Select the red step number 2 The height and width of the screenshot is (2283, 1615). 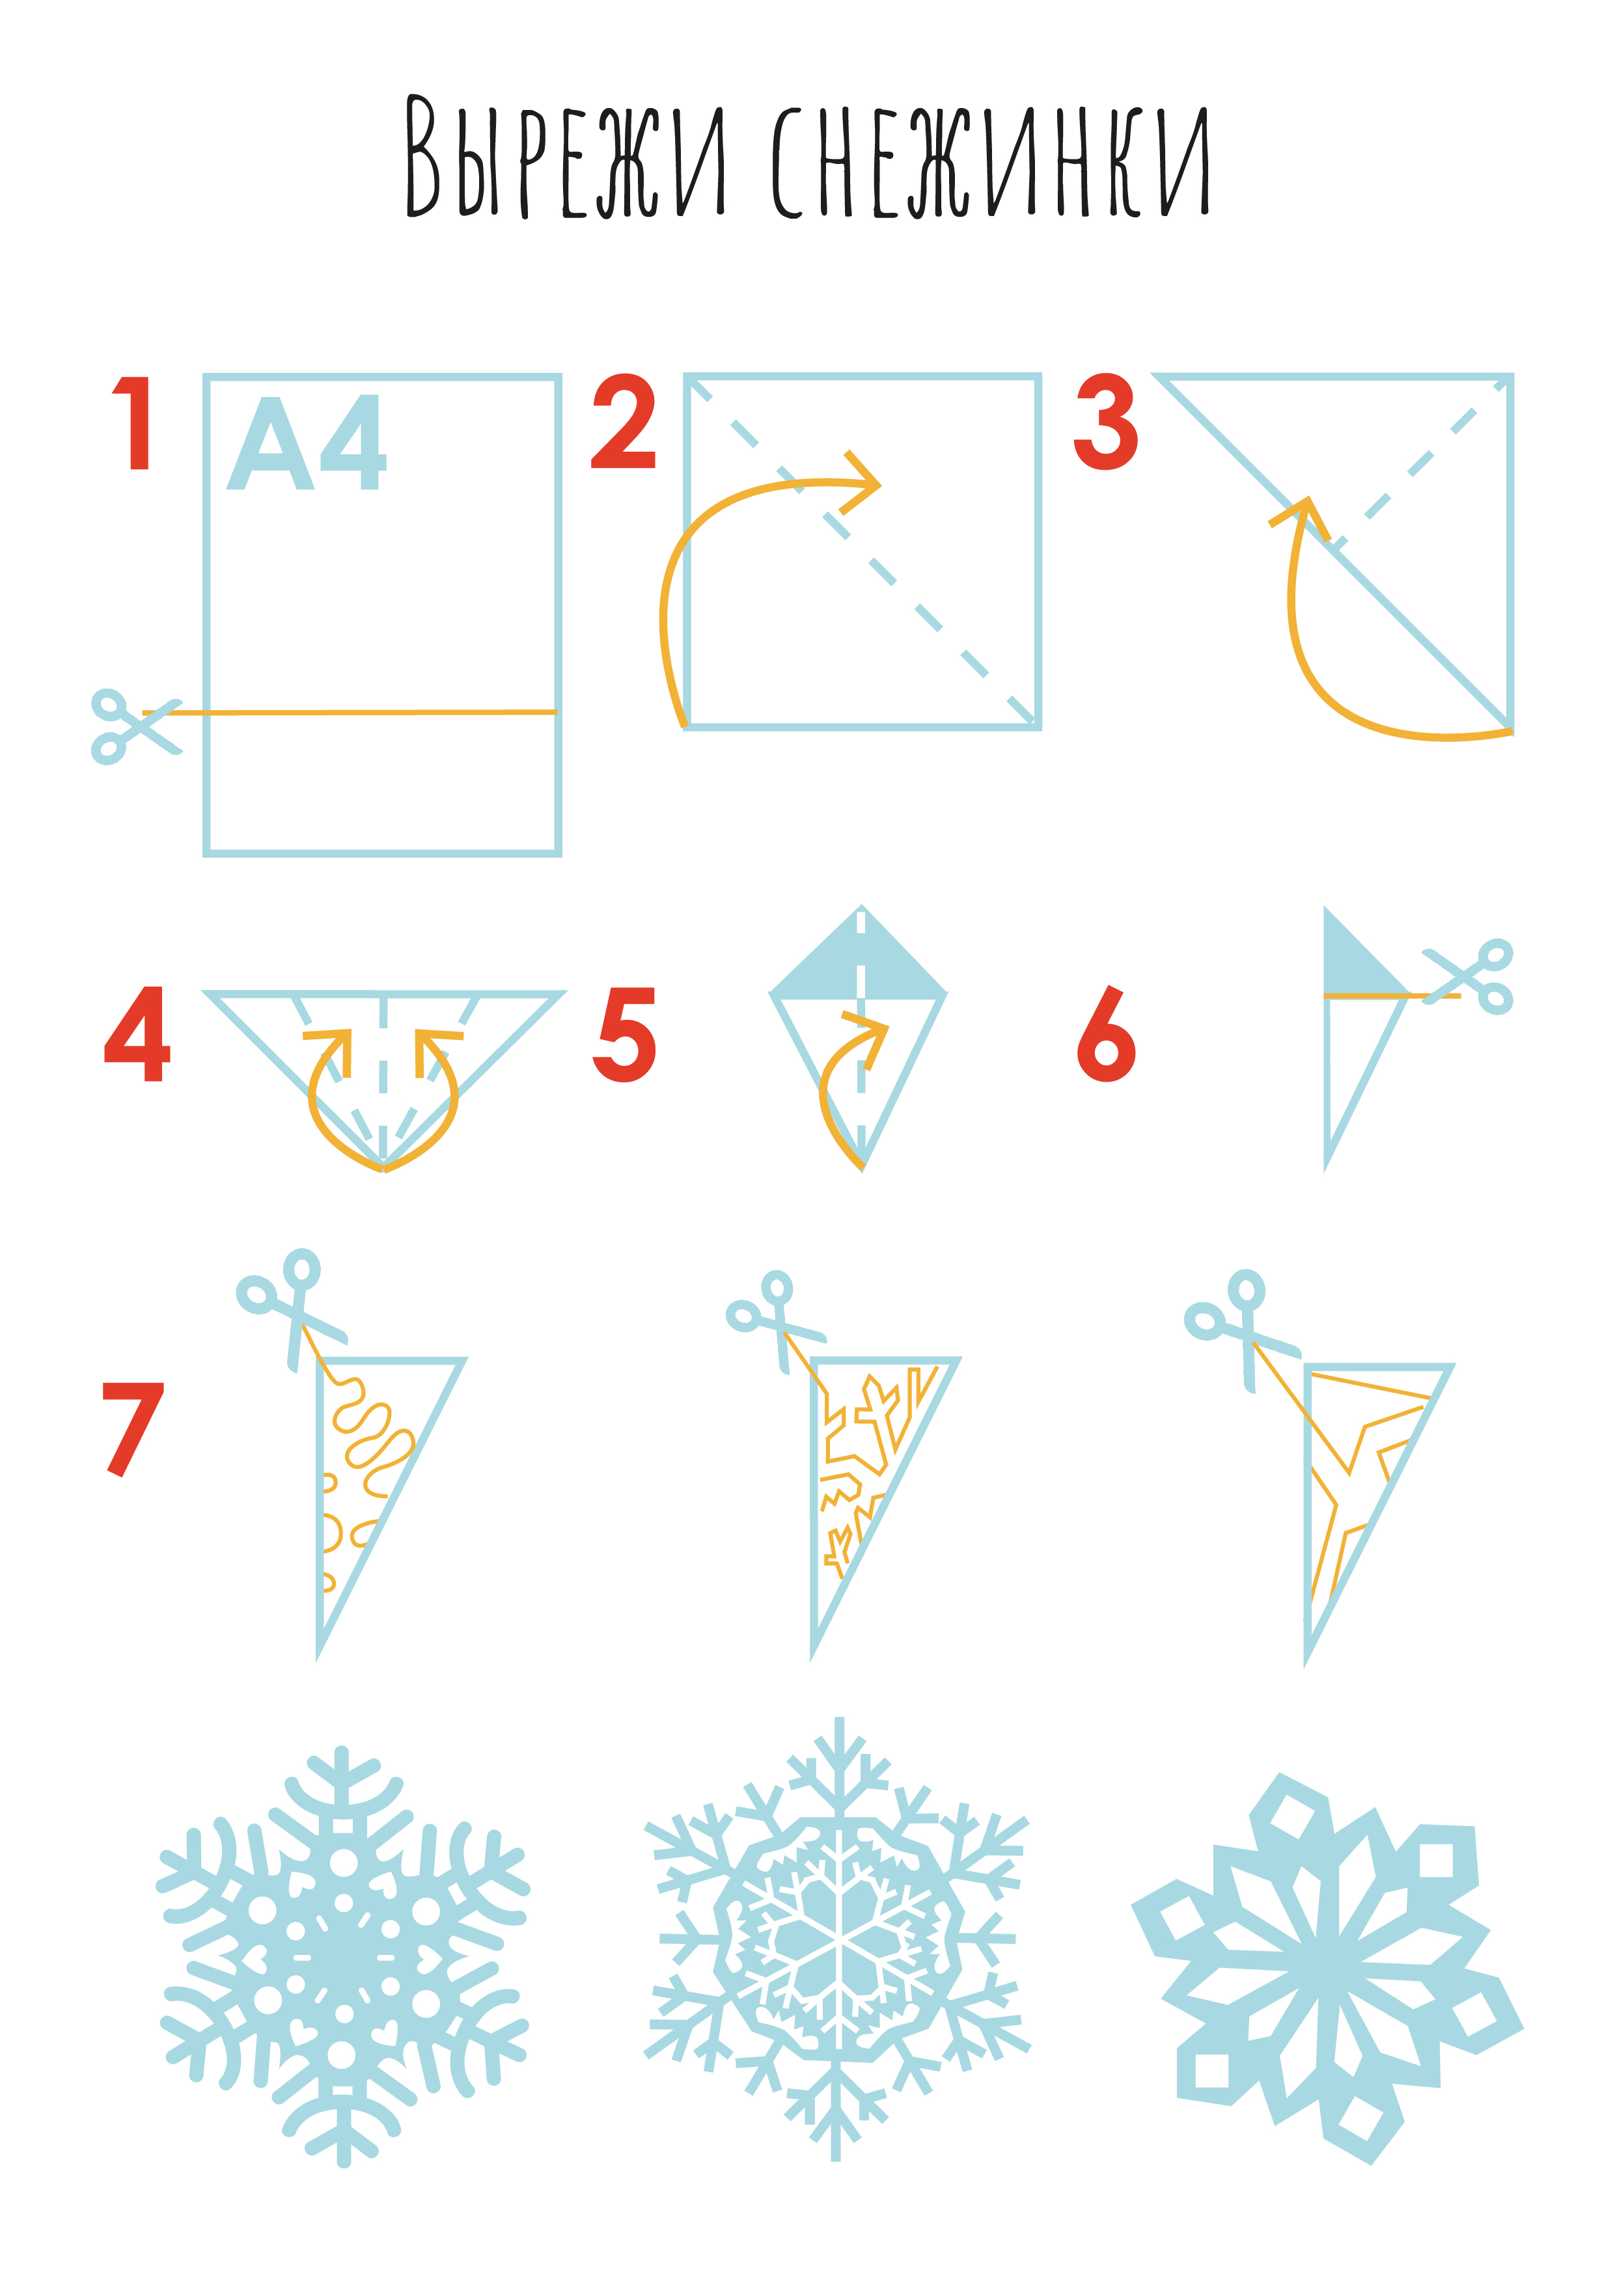(x=624, y=422)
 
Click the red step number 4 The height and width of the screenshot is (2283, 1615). (x=137, y=1034)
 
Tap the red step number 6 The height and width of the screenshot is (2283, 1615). (x=1106, y=1034)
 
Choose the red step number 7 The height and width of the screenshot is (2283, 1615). (x=132, y=1429)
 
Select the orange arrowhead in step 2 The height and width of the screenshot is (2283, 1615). (x=859, y=484)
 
